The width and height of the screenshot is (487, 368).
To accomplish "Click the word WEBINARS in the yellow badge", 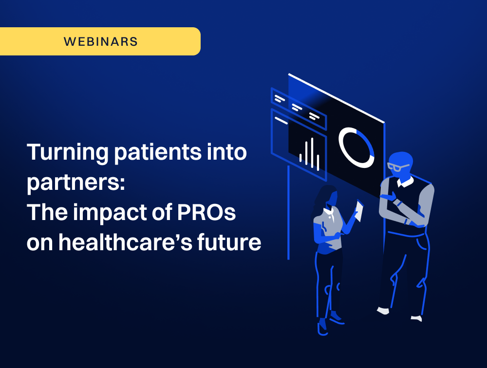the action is point(101,41).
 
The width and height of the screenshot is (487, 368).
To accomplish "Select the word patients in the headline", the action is point(158,153).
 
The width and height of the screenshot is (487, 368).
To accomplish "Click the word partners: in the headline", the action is point(76,183).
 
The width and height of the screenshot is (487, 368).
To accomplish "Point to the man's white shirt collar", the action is point(405,182).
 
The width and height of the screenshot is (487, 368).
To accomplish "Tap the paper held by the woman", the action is point(359,211).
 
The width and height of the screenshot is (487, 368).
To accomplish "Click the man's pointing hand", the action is point(388,197).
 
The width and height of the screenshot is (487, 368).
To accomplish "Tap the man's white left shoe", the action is point(383,311).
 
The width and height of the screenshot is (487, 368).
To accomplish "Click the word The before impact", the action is point(47,212).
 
